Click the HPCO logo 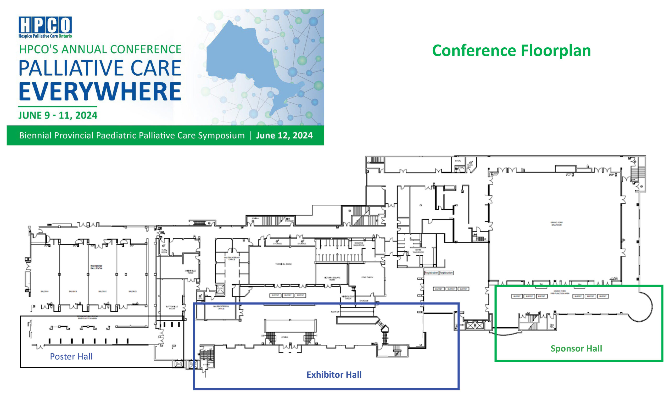click(x=45, y=27)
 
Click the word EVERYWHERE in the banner click(x=100, y=92)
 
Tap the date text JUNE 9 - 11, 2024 click(x=58, y=115)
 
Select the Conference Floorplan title click(x=511, y=51)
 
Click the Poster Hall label click(x=71, y=356)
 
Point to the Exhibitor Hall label click(x=334, y=374)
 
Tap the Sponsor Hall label click(x=576, y=348)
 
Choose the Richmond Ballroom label click(x=96, y=267)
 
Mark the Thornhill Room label click(x=283, y=264)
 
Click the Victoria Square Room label click(x=332, y=278)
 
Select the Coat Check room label click(x=367, y=277)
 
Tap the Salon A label click(x=44, y=291)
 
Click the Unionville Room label click(x=190, y=272)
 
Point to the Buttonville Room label click(x=172, y=307)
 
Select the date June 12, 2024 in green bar click(x=284, y=135)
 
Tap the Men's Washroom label click(x=418, y=251)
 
